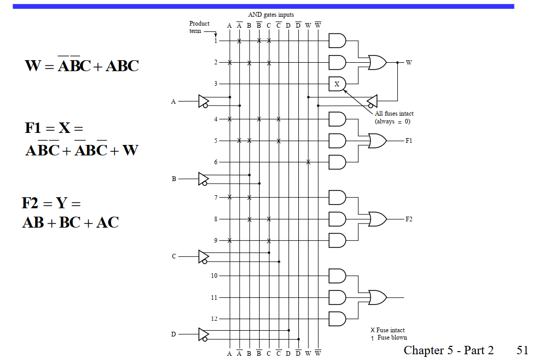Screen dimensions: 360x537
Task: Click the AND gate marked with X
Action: pos(337,84)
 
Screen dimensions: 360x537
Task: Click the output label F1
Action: pos(409,141)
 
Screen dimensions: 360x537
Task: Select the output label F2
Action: pos(409,219)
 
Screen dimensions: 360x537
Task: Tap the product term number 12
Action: pos(214,319)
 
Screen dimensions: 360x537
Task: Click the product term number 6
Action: pos(215,162)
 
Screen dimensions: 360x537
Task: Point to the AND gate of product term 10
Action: pos(337,276)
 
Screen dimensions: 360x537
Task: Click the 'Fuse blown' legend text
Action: pos(392,337)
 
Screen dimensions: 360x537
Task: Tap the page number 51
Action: pos(522,350)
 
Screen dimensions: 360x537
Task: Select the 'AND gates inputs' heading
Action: pos(271,15)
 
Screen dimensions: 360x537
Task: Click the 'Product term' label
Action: pos(199,27)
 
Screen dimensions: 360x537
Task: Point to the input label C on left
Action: pos(174,256)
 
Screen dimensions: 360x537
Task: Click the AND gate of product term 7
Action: pos(337,197)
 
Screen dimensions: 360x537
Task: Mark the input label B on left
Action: pos(174,179)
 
